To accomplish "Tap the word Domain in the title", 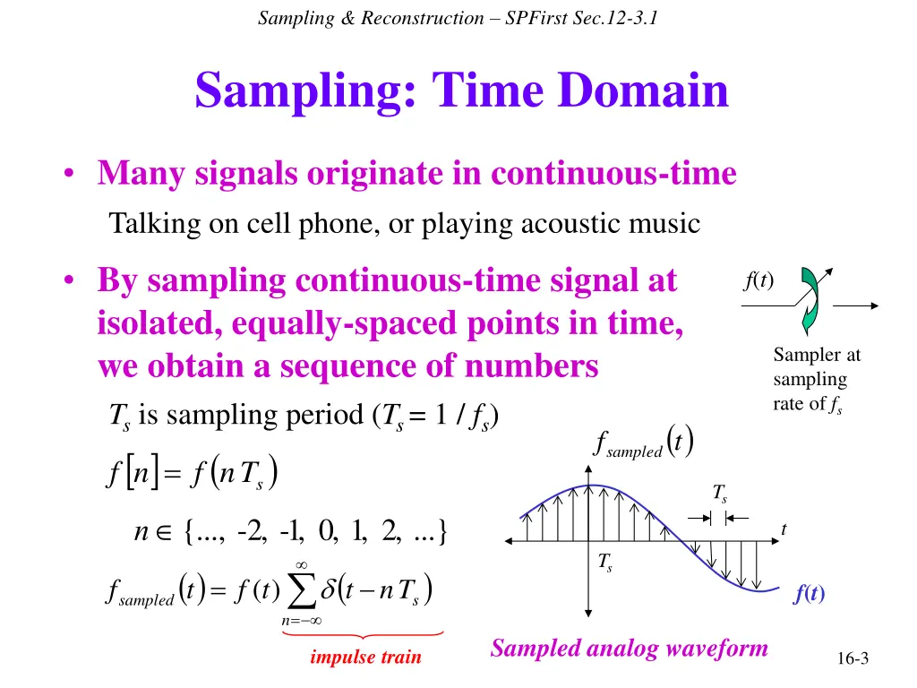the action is point(644,90).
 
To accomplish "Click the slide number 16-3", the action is point(853,658).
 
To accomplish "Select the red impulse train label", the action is point(365,657).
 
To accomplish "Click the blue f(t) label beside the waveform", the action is point(810,593).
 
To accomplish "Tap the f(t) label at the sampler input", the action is point(759,280).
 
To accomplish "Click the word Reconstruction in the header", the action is point(423,18).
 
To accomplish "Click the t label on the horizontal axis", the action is point(784,529).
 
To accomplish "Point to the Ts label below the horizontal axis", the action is point(605,563).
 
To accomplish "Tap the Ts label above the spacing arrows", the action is point(720,494).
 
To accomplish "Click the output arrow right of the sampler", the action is point(855,305).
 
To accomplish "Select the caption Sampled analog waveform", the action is point(629,649).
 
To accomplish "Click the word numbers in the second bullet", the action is point(532,366).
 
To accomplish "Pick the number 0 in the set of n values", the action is point(327,530).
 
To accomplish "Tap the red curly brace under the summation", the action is point(363,634).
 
